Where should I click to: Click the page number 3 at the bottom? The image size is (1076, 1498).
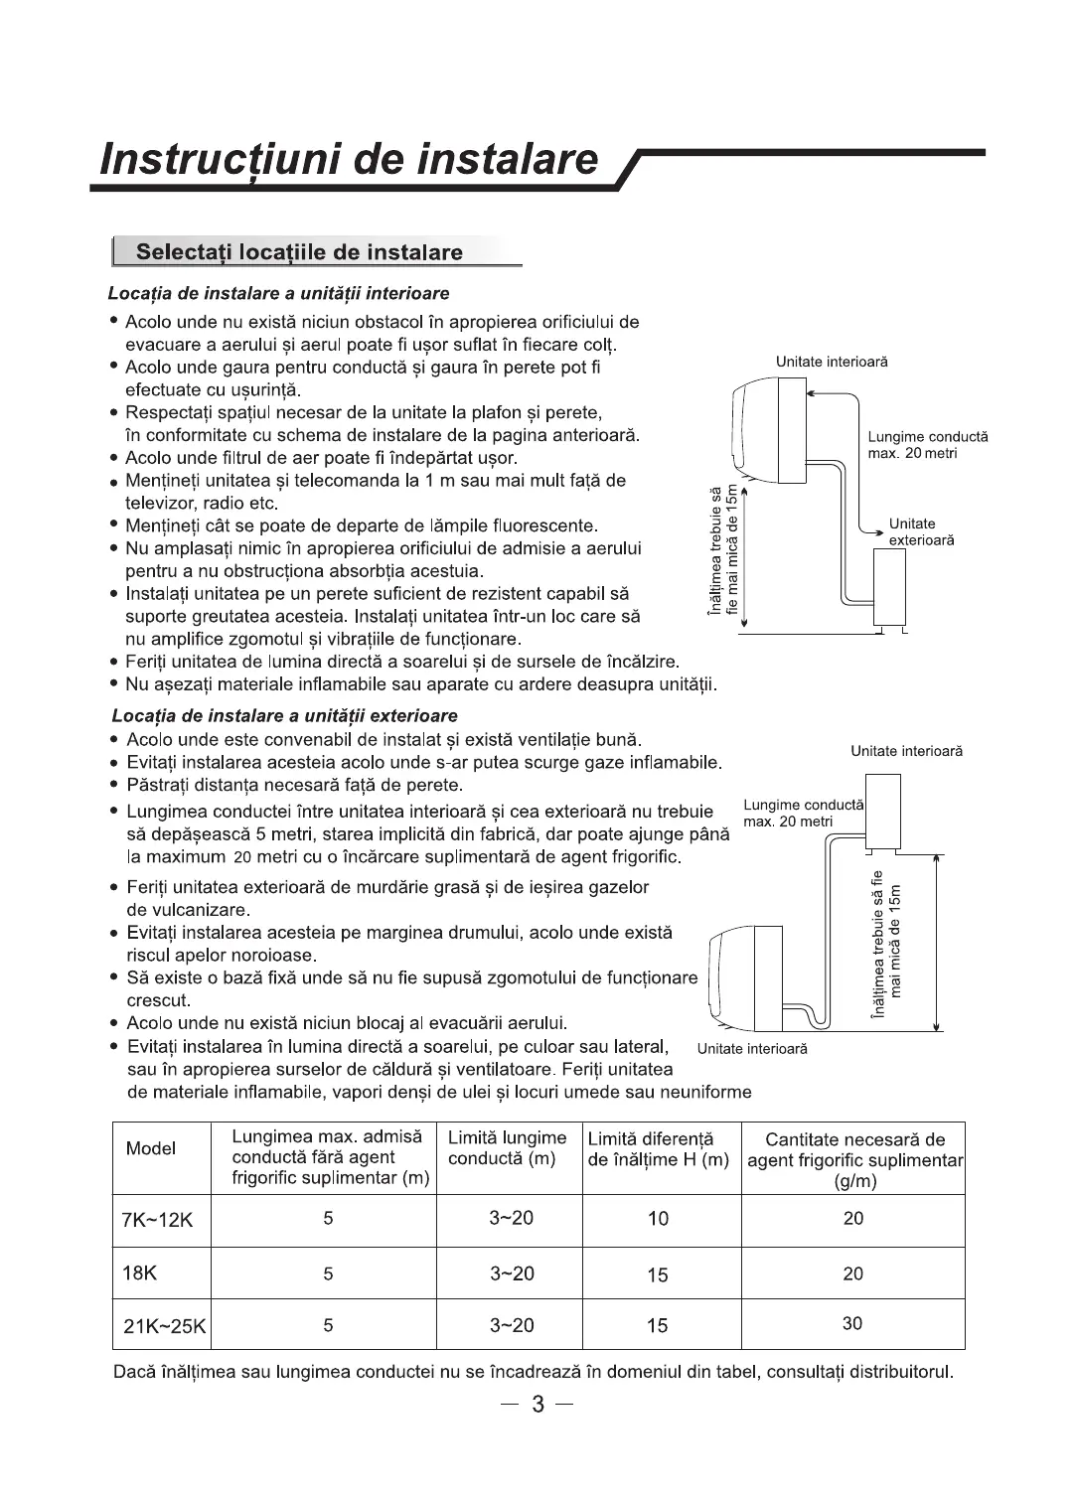click(538, 1405)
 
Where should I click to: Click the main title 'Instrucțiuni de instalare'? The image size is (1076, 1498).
click(351, 159)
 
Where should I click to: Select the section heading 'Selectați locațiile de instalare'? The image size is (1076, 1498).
click(299, 252)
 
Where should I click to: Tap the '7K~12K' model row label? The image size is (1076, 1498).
click(157, 1220)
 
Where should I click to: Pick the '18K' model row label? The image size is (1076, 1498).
click(139, 1273)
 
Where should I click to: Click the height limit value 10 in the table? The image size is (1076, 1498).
click(658, 1219)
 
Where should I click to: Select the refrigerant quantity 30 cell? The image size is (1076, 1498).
click(852, 1324)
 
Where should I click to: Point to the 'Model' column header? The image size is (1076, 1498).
click(151, 1149)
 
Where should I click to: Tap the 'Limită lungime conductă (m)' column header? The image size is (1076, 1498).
click(507, 1148)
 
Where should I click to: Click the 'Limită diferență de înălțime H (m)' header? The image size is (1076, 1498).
click(658, 1149)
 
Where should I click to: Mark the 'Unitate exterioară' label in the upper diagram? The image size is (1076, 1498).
click(921, 531)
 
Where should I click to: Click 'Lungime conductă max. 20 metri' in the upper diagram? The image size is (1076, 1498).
click(927, 444)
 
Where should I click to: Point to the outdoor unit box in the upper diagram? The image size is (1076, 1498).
click(889, 586)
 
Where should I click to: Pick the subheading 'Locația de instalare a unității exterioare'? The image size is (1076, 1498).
click(285, 716)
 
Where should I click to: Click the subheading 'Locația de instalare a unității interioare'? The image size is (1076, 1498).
click(279, 294)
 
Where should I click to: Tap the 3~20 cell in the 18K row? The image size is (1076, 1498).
click(511, 1273)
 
